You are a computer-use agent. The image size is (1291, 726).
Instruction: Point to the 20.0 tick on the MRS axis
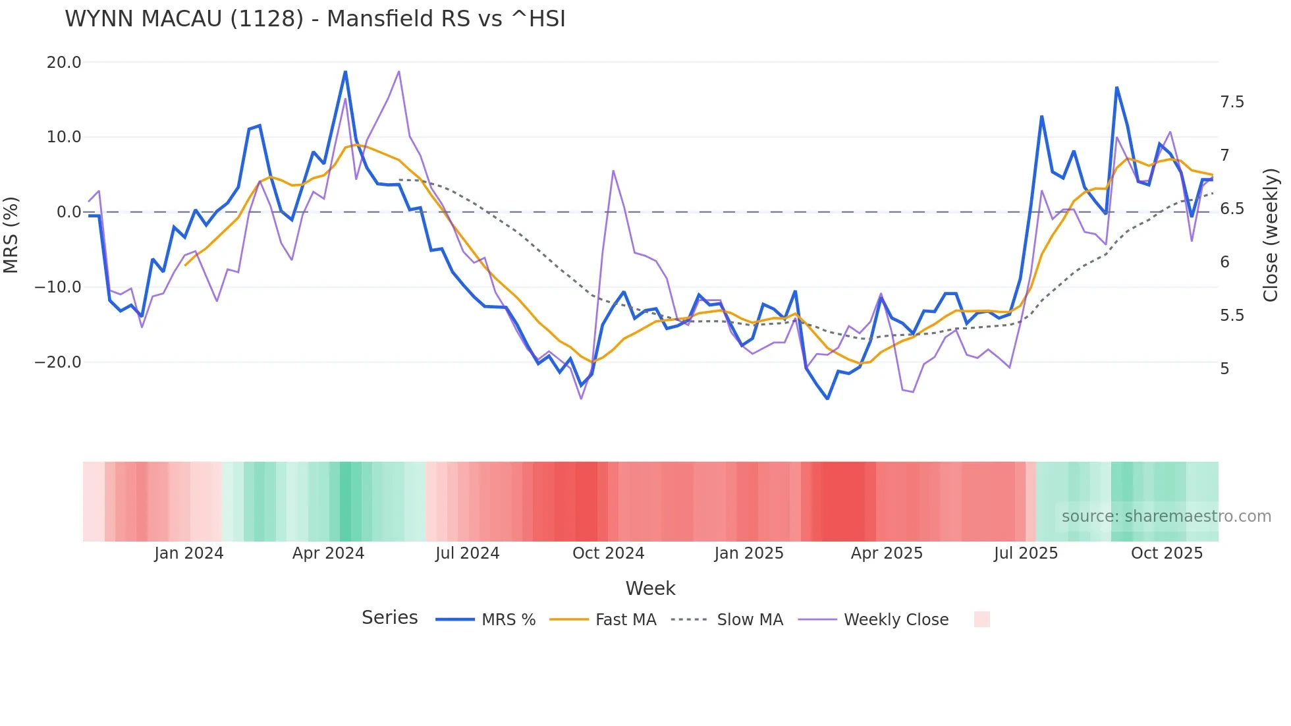pos(64,63)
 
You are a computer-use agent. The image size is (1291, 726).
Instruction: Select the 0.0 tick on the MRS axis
pos(69,212)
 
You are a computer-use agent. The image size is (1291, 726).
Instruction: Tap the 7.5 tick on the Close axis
pos(1232,102)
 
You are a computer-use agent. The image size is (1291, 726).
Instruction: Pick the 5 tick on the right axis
pos(1224,369)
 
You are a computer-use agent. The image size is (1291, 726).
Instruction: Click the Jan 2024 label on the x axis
pos(189,553)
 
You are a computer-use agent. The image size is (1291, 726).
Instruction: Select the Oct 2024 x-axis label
pos(608,553)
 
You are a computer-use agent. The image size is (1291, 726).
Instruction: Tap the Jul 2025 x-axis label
pos(1026,553)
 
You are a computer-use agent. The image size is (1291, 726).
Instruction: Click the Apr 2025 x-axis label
pos(887,553)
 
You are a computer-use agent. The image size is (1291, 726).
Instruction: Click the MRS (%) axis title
pos(11,235)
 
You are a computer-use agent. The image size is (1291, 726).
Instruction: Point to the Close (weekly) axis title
pos(1271,235)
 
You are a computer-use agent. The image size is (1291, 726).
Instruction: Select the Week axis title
pos(650,588)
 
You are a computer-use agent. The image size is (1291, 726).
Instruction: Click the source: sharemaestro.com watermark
pos(1166,517)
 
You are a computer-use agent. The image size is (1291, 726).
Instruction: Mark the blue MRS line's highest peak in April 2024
pos(345,71)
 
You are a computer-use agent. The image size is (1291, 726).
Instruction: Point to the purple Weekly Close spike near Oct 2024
pos(613,171)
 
